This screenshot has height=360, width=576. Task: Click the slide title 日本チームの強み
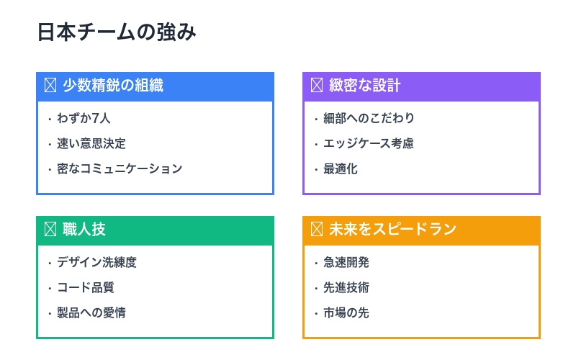pos(117,33)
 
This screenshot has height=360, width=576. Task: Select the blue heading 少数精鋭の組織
pos(113,86)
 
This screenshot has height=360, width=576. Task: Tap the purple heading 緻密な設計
pos(364,86)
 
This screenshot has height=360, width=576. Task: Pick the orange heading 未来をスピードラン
pos(392,230)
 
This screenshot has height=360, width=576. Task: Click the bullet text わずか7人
pos(84,119)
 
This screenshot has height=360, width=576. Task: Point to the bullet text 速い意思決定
pos(91,144)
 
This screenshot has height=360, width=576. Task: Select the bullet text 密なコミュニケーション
pos(120,169)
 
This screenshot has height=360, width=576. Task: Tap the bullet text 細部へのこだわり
pos(369,119)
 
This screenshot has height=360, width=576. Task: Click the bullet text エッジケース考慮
pos(369,144)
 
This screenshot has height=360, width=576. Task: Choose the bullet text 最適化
pos(341,169)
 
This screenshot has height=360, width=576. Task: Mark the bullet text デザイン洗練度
pos(96,263)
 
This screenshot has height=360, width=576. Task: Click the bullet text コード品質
pos(86,288)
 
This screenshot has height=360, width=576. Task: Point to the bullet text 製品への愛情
pos(91,313)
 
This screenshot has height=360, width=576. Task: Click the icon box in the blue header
pos(50,86)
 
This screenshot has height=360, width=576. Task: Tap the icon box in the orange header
pos(316,230)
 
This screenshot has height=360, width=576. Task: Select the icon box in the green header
pos(50,230)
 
